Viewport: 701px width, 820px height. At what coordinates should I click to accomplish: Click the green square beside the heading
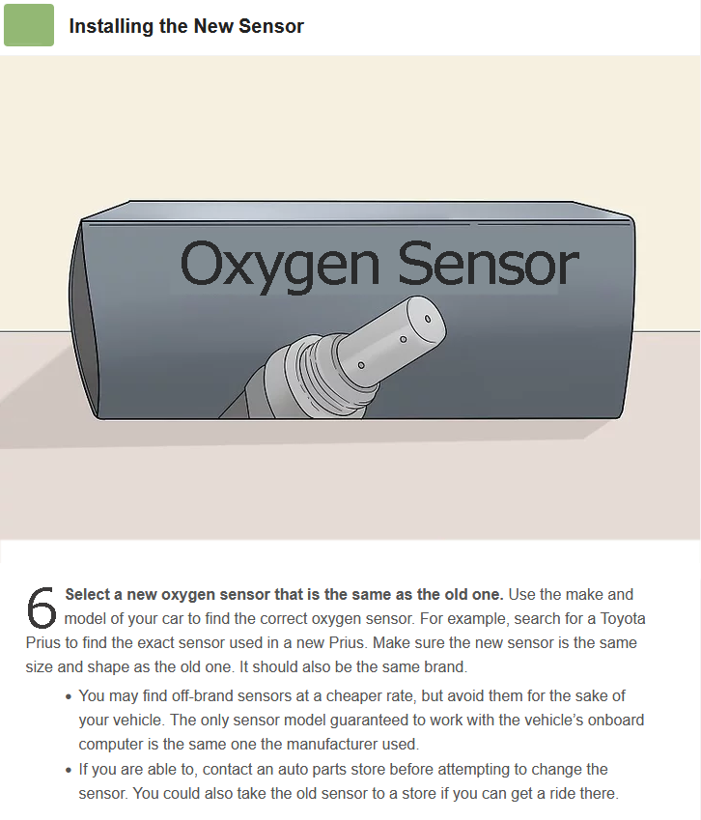click(x=29, y=25)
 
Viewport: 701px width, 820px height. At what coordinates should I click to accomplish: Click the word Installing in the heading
click(x=111, y=27)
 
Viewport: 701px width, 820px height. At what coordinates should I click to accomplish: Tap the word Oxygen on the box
click(x=280, y=266)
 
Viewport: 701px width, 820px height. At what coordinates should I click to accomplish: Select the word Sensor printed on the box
click(x=489, y=264)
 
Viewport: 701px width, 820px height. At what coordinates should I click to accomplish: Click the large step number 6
click(x=42, y=608)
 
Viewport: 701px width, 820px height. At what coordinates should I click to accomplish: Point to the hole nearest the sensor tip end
click(x=427, y=319)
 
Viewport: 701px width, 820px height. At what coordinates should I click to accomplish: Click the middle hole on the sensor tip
click(x=403, y=339)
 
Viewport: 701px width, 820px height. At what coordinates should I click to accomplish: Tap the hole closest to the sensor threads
click(x=361, y=365)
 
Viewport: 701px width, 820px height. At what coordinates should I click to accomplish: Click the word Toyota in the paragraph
click(x=623, y=619)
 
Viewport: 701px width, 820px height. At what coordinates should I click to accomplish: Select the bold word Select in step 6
click(x=86, y=595)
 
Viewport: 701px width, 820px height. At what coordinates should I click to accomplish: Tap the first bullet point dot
click(x=69, y=697)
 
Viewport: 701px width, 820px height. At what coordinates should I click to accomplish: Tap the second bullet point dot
click(x=69, y=771)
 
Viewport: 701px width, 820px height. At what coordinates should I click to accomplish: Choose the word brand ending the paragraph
click(x=446, y=666)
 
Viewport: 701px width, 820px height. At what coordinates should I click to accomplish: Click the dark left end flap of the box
click(x=84, y=318)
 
